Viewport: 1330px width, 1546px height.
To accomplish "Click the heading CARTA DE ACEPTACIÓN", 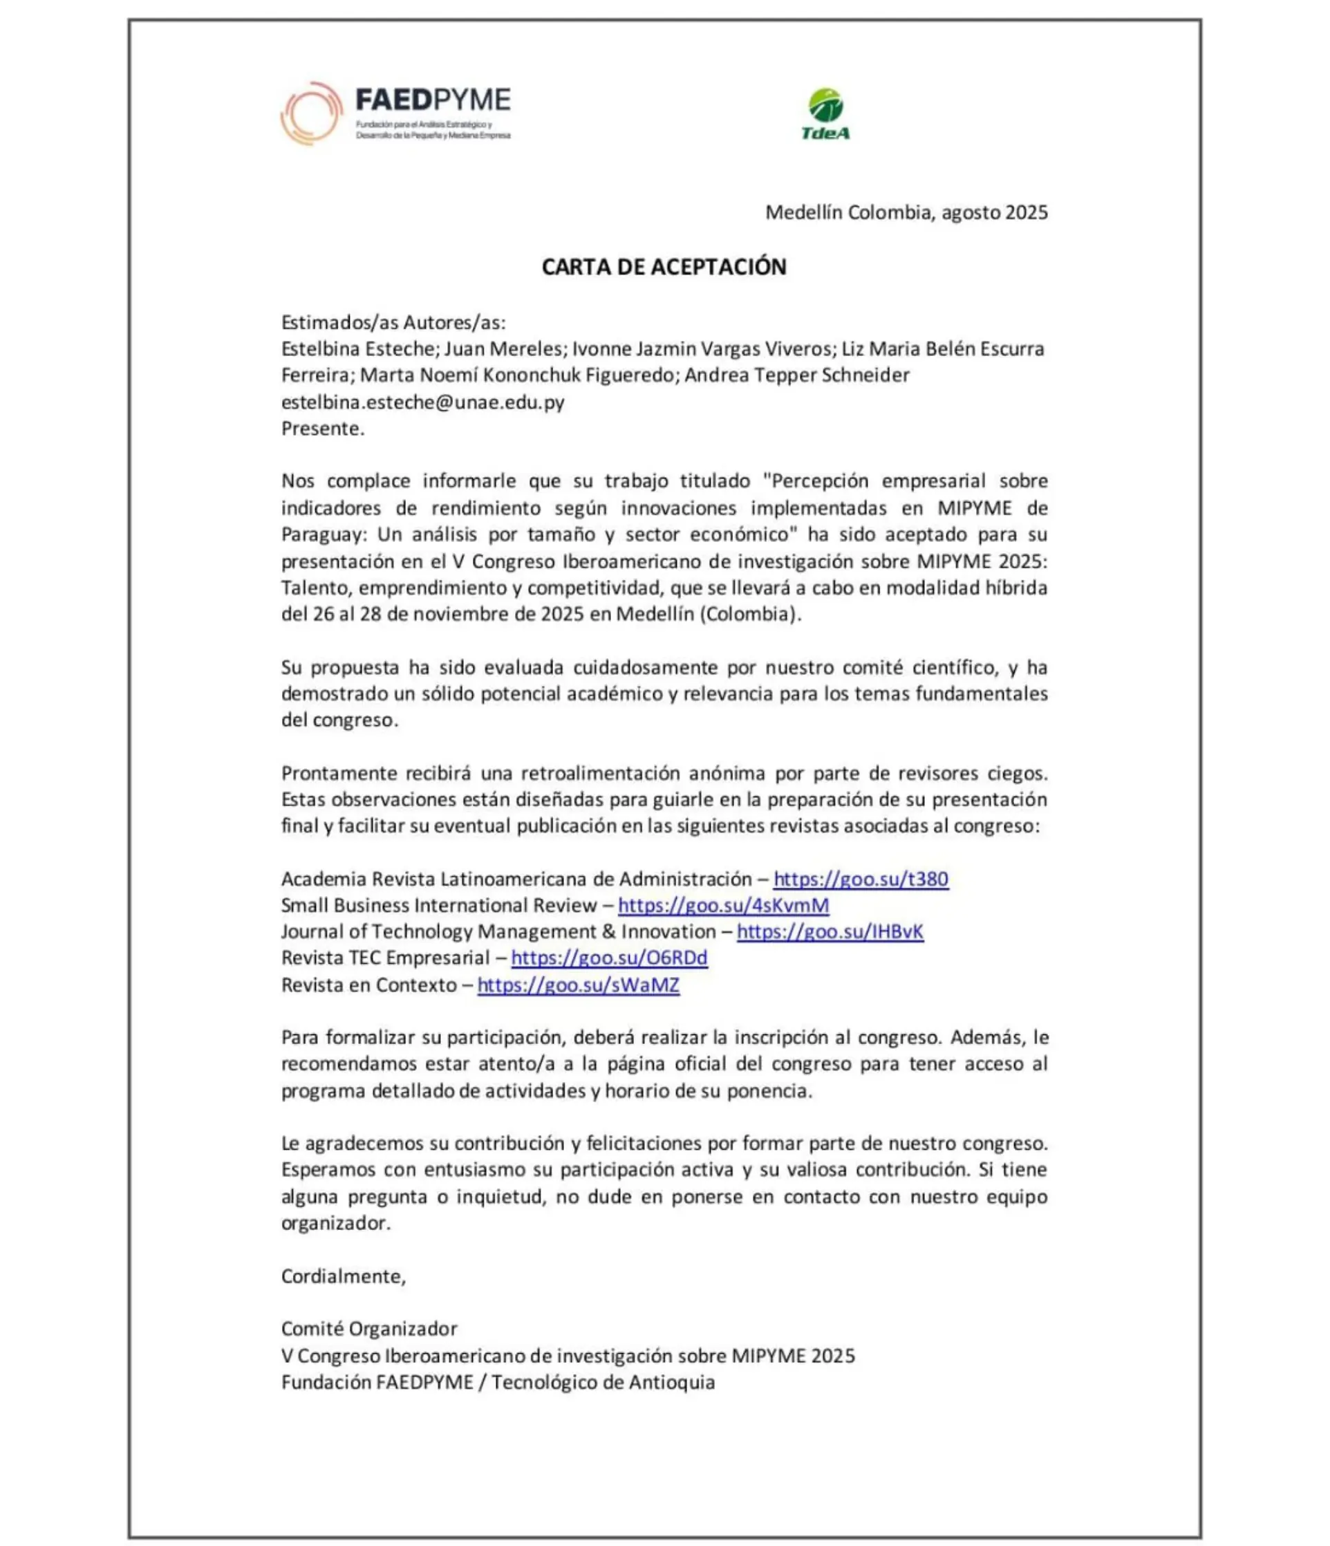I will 664,267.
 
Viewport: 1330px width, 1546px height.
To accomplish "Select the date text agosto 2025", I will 994,213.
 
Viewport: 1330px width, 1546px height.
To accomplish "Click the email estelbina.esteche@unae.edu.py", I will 422,402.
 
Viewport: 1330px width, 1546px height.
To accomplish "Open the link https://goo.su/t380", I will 861,879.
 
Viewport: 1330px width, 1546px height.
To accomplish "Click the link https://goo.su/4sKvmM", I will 724,905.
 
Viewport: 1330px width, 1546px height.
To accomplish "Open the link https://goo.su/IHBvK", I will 830,932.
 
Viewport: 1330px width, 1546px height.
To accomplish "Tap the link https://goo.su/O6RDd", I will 610,958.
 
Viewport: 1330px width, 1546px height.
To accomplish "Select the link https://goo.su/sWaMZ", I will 578,985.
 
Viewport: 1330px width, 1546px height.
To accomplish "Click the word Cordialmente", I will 343,1276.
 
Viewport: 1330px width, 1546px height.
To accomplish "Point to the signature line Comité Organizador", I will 369,1329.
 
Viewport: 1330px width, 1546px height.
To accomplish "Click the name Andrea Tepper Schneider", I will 796,375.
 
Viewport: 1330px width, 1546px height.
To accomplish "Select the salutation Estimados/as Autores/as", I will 393,322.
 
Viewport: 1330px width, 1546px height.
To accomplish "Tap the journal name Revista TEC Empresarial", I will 385,958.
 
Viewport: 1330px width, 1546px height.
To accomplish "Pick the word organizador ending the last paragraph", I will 335,1224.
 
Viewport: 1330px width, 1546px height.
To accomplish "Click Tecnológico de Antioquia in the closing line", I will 603,1383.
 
